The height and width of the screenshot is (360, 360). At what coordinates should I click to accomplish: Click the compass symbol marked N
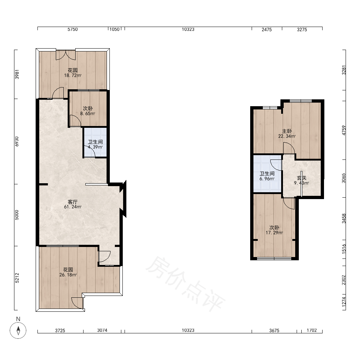(x=18, y=330)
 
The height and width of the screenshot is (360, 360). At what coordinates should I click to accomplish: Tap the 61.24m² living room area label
(x=73, y=204)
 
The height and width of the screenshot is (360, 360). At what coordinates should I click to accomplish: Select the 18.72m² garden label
(x=73, y=73)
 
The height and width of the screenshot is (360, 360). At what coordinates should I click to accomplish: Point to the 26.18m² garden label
(x=68, y=272)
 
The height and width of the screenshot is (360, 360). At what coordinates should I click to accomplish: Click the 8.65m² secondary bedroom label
(x=88, y=111)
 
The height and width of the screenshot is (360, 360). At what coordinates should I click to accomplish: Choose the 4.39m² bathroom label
(x=95, y=144)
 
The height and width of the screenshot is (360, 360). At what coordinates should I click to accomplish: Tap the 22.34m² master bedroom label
(x=287, y=134)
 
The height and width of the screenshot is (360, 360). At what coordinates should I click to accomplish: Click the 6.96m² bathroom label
(x=267, y=176)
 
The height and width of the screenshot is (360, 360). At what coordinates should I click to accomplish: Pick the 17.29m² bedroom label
(x=274, y=230)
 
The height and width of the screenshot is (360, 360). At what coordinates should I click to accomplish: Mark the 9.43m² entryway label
(x=301, y=180)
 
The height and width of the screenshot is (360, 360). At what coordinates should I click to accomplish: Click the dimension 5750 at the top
(x=73, y=30)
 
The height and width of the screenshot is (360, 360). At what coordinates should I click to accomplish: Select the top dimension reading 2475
(x=266, y=30)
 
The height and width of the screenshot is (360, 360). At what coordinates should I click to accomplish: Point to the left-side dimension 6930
(x=17, y=141)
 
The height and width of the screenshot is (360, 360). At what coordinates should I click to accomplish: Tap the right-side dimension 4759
(x=344, y=130)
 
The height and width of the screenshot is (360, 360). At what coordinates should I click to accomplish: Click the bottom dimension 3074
(x=102, y=330)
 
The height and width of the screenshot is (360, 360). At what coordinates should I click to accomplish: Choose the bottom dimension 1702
(x=311, y=330)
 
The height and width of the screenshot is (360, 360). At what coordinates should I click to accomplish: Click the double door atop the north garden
(x=66, y=55)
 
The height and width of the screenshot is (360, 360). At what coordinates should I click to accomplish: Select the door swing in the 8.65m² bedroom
(x=75, y=121)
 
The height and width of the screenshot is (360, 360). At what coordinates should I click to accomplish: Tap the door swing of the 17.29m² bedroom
(x=289, y=203)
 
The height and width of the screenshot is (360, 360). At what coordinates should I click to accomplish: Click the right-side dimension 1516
(x=344, y=249)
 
